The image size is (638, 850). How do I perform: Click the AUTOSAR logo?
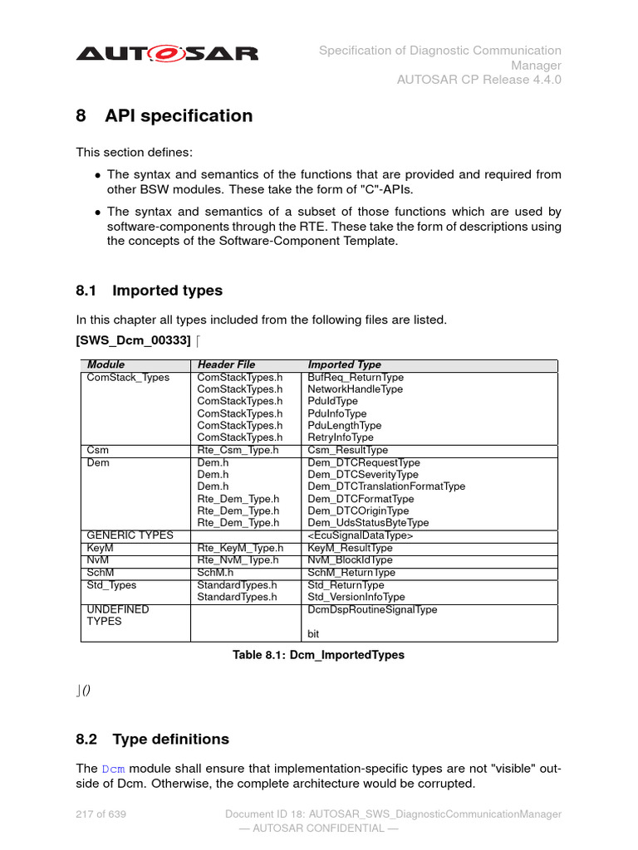tap(167, 54)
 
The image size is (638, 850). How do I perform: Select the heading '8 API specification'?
tap(164, 116)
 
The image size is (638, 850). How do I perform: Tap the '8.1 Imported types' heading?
tap(150, 291)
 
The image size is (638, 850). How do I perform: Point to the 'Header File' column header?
tap(226, 364)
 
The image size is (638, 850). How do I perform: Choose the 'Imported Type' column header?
tap(345, 364)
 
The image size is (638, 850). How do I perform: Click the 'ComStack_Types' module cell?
tap(128, 378)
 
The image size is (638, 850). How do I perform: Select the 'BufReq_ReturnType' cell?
tap(356, 378)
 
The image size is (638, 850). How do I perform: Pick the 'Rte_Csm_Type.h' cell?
tap(238, 450)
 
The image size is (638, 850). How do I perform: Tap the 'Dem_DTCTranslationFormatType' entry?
tap(386, 486)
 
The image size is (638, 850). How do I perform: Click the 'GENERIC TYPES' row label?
tap(130, 535)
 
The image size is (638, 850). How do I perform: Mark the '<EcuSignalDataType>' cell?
tap(361, 536)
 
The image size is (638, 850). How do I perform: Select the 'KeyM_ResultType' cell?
tap(350, 549)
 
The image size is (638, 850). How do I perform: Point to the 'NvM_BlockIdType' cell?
tap(350, 560)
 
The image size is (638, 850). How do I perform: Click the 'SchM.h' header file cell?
tap(215, 573)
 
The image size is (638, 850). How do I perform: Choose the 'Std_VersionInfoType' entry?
tap(356, 597)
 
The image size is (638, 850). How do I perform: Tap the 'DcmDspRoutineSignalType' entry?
tap(372, 609)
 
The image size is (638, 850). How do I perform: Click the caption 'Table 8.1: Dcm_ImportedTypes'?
tap(318, 655)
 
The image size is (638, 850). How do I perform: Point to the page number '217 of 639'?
tap(101, 814)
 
